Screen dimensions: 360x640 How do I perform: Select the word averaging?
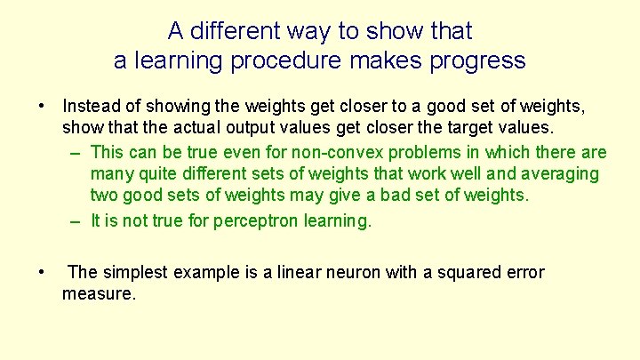(x=560, y=174)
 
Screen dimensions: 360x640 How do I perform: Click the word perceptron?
(x=256, y=221)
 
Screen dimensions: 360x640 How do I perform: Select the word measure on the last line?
(x=98, y=292)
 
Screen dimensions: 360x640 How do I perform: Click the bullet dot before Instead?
(x=41, y=108)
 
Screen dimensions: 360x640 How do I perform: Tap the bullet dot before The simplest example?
(x=41, y=272)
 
